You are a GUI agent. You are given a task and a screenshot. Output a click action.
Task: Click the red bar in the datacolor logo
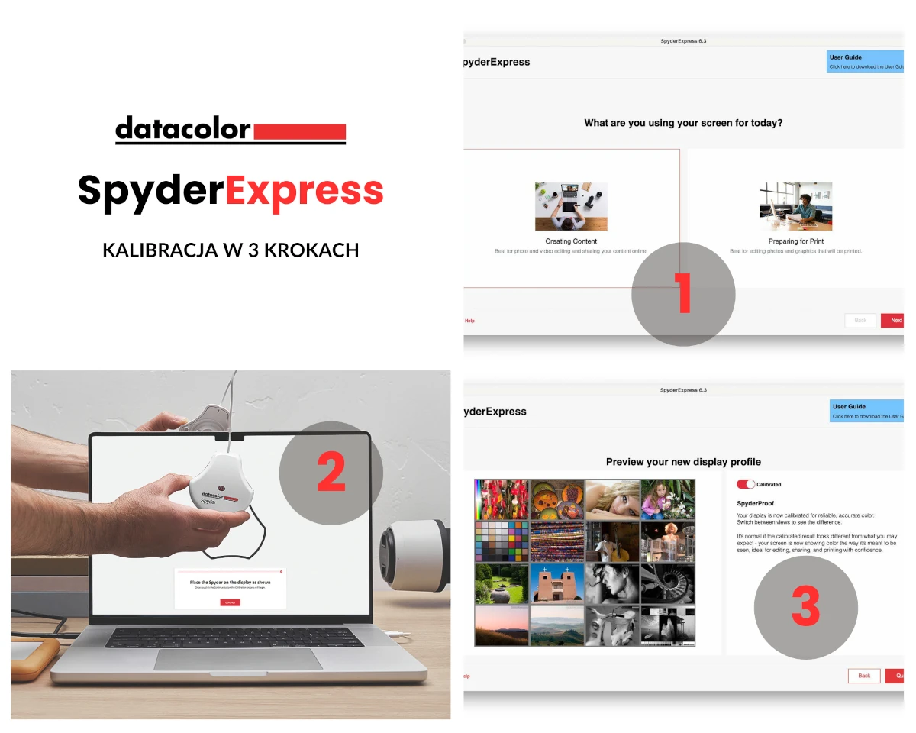[298, 131]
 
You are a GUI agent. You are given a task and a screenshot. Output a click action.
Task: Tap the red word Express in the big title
[304, 191]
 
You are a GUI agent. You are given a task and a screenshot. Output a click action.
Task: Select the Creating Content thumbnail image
[571, 206]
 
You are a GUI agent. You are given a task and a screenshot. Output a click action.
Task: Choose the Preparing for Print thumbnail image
[795, 206]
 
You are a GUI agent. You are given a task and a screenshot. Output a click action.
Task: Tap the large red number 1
[682, 293]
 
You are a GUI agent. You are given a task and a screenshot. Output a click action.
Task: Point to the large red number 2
[331, 473]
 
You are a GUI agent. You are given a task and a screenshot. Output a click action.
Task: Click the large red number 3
[805, 607]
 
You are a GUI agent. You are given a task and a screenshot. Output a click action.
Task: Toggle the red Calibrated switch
[745, 484]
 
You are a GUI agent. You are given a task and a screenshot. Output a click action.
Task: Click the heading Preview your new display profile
[683, 462]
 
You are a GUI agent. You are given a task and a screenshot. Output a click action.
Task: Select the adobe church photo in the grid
[557, 584]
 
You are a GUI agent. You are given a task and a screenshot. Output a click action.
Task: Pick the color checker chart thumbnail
[501, 541]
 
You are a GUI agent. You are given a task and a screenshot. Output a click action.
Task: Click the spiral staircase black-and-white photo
[667, 584]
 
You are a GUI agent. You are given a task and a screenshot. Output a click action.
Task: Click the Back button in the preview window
[863, 676]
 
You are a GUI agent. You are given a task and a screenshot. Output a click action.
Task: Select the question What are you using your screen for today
[683, 122]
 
